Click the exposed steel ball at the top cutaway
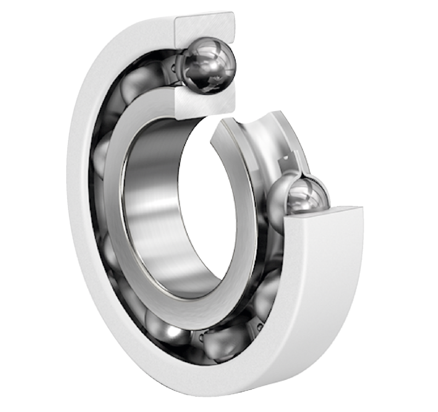coord(208,65)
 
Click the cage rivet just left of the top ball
coord(174,68)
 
